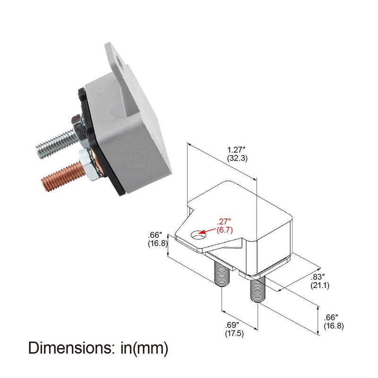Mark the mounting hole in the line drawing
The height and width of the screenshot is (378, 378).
197,233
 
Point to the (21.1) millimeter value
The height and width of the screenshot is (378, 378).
320,285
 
